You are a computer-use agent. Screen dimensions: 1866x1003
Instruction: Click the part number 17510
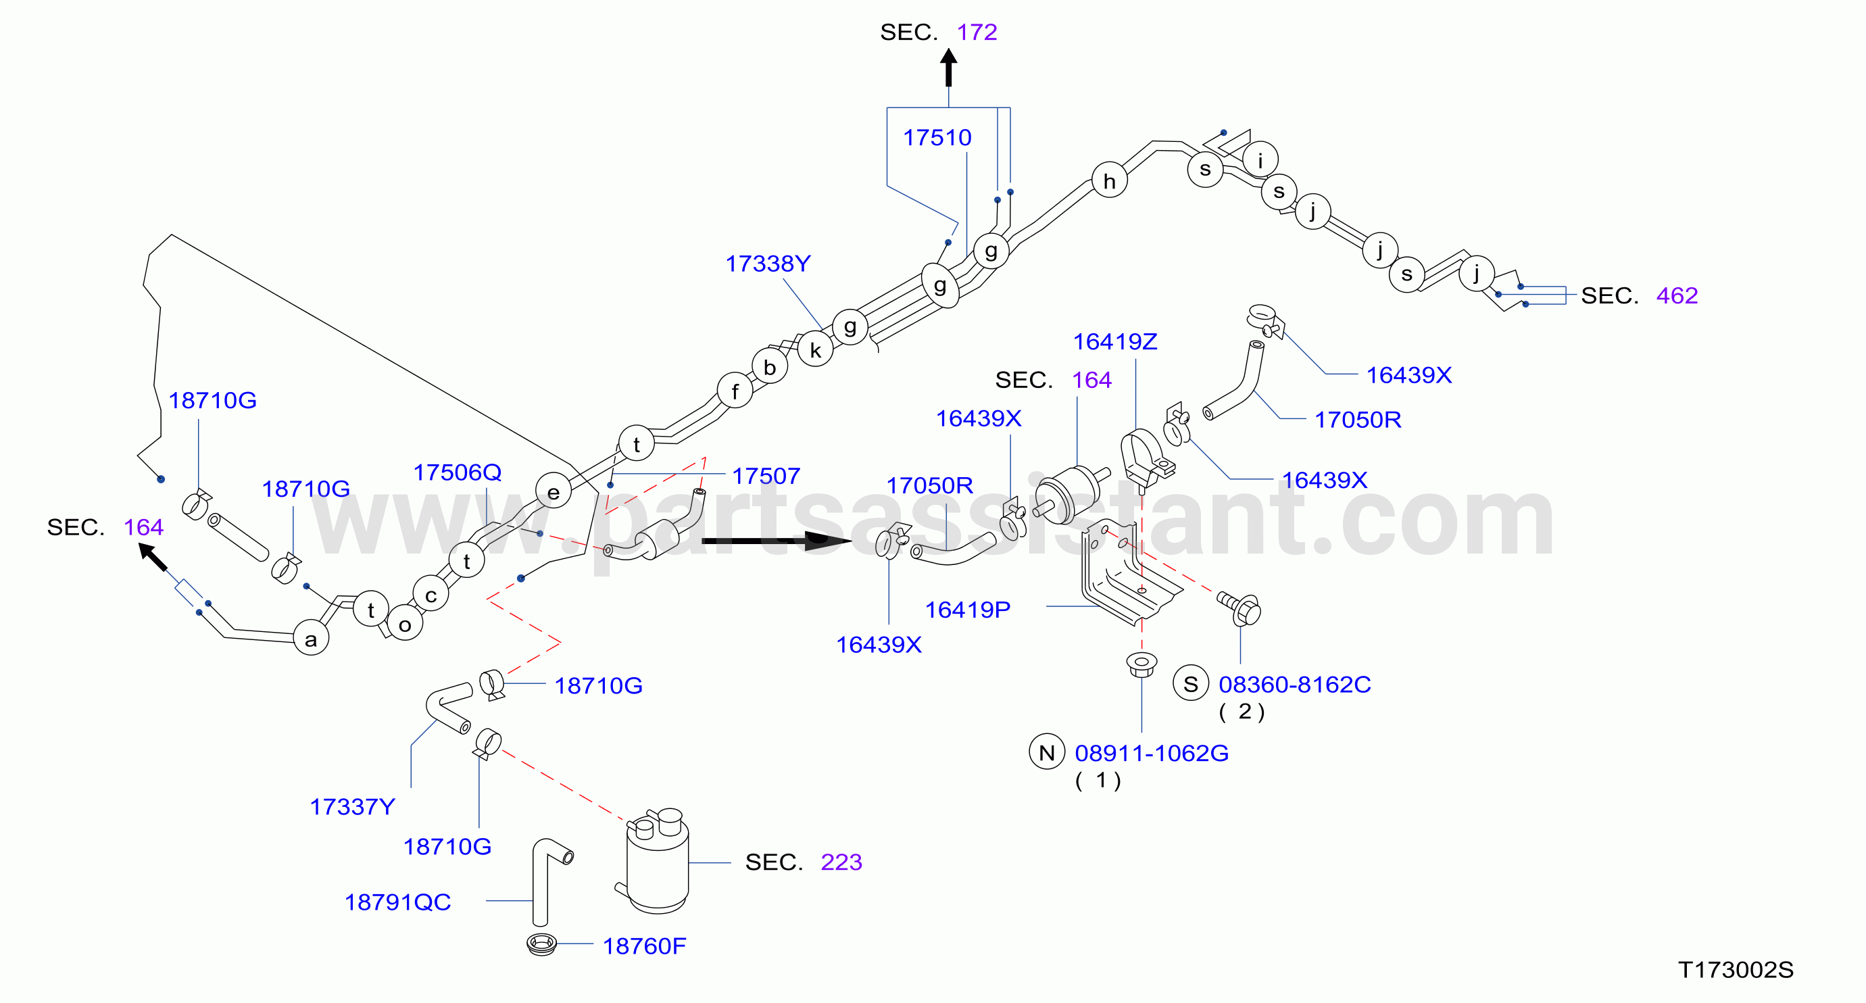[937, 138]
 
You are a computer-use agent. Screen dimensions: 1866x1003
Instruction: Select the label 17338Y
[768, 264]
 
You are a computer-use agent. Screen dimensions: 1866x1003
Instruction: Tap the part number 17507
[766, 476]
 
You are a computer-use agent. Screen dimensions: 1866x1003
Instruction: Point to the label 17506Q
[457, 472]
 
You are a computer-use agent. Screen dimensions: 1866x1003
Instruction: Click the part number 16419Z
[1115, 341]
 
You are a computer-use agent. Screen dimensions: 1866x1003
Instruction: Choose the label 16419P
[967, 610]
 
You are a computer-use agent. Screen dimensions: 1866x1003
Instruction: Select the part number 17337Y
[352, 807]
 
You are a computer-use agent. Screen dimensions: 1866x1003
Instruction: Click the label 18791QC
[397, 902]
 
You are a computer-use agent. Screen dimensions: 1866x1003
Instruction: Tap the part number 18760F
[644, 946]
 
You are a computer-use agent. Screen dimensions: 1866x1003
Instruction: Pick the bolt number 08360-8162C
[1294, 685]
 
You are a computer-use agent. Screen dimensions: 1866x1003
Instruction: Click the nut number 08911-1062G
[1152, 753]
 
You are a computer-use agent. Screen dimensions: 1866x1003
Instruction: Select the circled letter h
[1109, 180]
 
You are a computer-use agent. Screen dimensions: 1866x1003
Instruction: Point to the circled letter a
[311, 638]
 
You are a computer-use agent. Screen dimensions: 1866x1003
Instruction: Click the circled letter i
[1260, 160]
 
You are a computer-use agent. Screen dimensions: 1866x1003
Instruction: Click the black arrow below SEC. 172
[948, 68]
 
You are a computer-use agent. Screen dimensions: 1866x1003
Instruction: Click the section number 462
[1677, 295]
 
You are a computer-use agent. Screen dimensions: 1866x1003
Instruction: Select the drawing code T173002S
[1736, 970]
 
